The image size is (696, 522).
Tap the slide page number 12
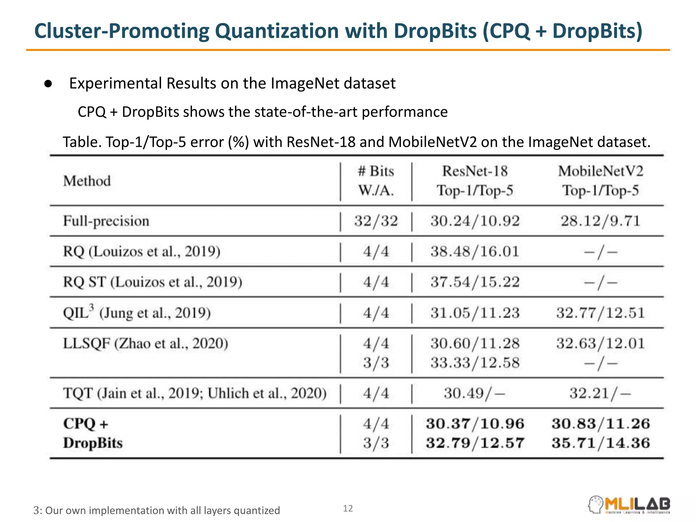tap(348, 508)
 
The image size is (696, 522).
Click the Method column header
tap(87, 181)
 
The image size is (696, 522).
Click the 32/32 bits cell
tap(376, 221)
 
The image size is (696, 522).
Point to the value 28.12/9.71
tap(601, 221)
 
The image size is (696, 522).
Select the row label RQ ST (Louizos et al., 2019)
tap(153, 282)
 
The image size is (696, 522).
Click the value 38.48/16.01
tap(475, 252)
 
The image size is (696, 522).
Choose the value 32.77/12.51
tap(601, 313)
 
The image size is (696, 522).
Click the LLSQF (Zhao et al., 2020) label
tap(145, 344)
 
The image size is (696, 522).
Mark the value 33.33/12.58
tap(475, 363)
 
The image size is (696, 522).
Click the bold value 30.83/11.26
tap(601, 424)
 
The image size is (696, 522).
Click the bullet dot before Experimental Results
tap(48, 84)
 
